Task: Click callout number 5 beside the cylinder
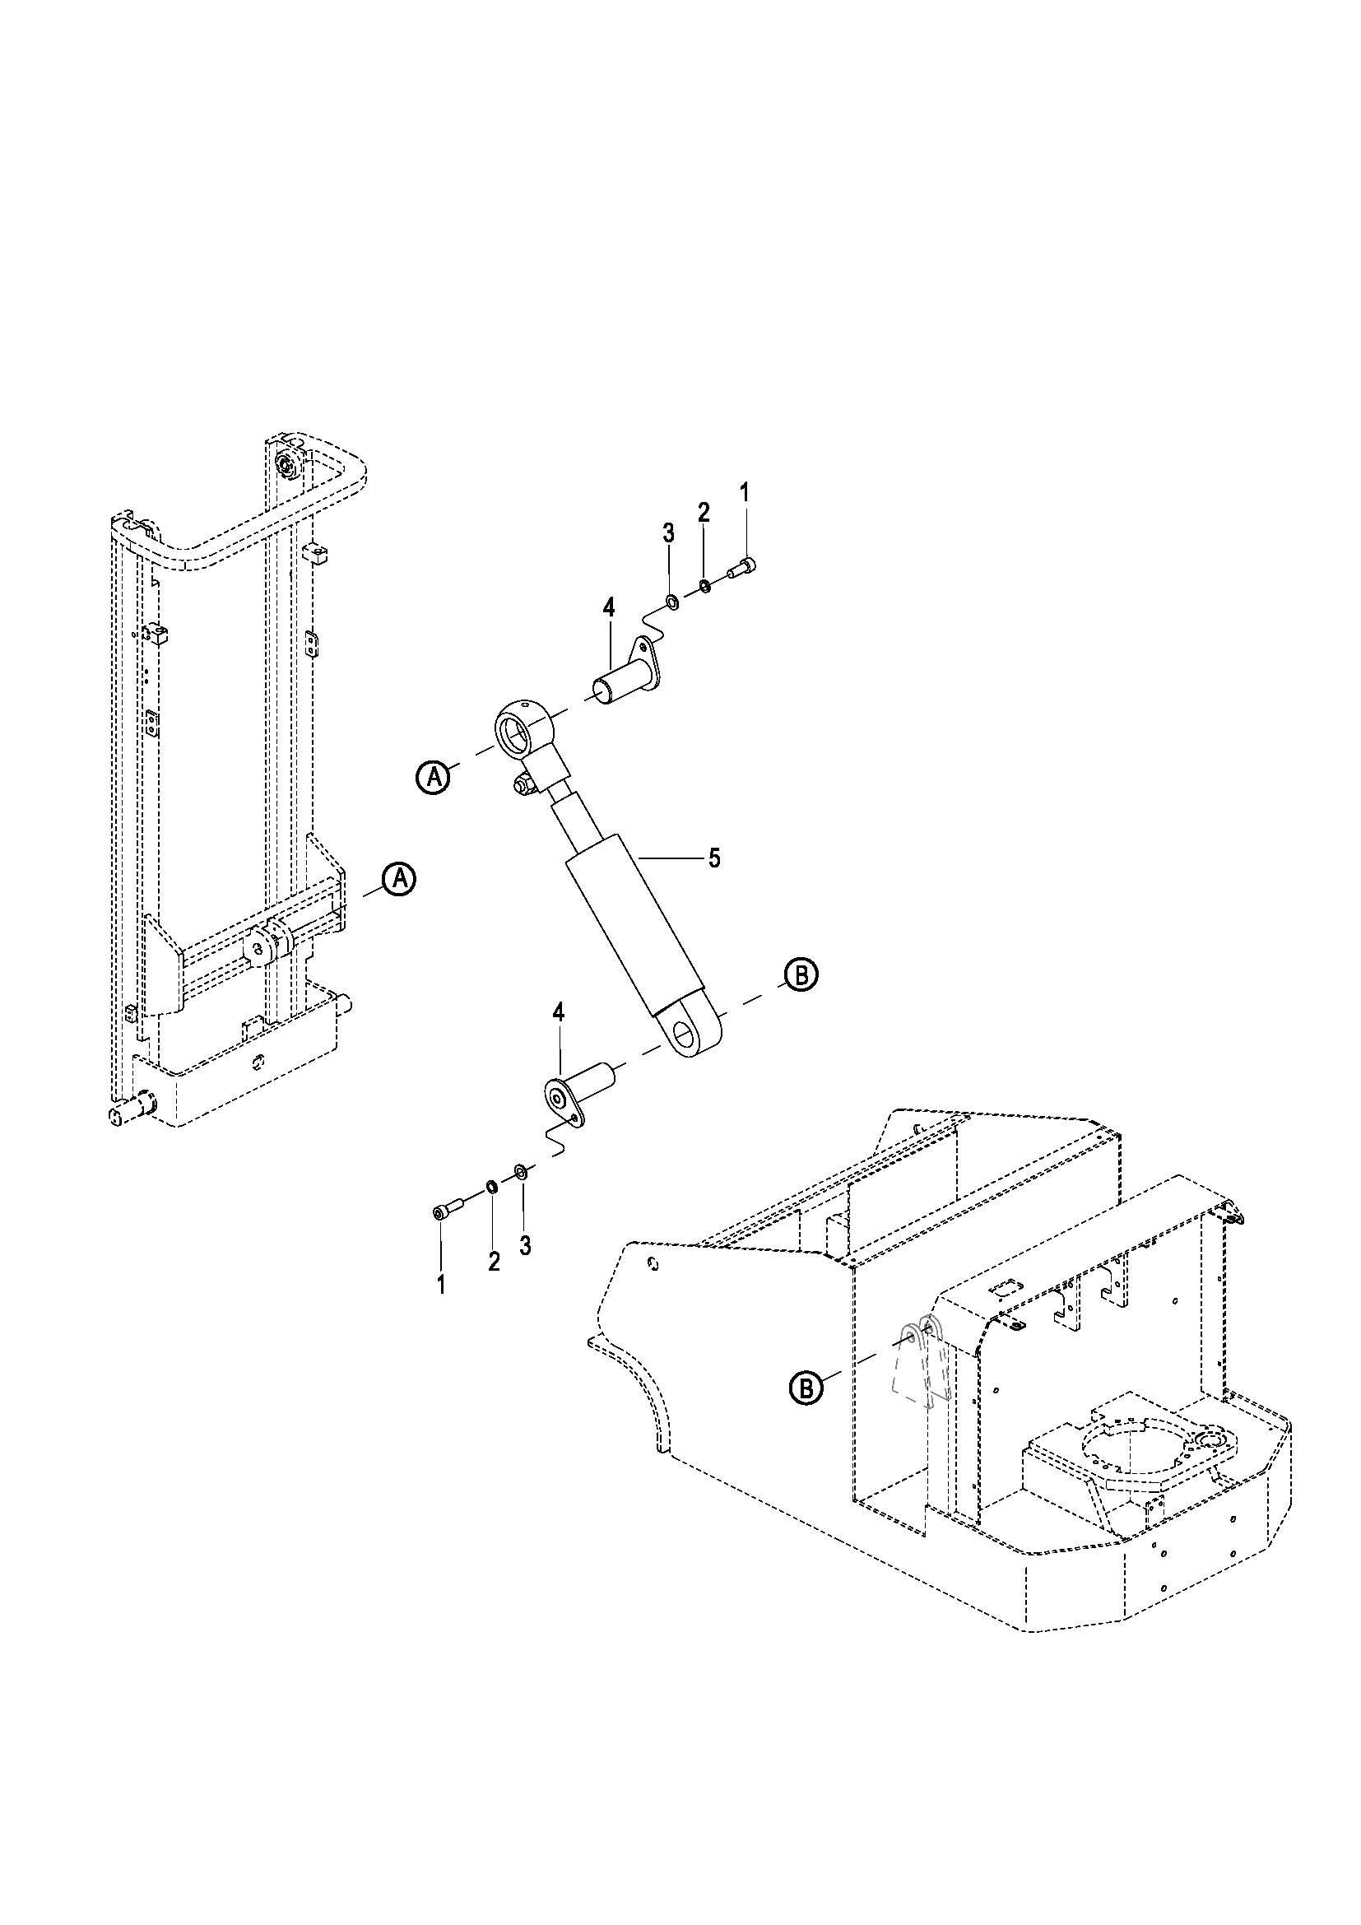(714, 858)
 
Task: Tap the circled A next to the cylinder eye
(434, 777)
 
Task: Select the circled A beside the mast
(400, 879)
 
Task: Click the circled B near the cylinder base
(801, 974)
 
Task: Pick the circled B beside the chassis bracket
(806, 1388)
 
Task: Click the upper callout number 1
(746, 491)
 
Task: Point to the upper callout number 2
(703, 512)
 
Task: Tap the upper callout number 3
(668, 532)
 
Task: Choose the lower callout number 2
(494, 1262)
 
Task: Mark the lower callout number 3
(525, 1245)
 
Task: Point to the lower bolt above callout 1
(447, 1211)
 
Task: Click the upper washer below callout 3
(671, 600)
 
